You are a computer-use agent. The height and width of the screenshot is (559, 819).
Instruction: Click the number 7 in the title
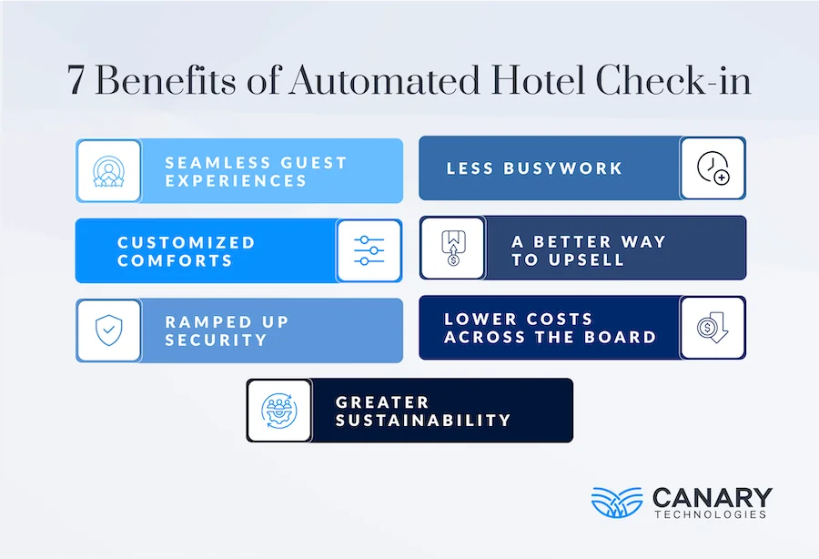point(77,81)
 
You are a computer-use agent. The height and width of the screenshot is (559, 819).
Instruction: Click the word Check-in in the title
point(673,81)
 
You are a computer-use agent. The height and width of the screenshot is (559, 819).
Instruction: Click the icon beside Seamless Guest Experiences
point(108,170)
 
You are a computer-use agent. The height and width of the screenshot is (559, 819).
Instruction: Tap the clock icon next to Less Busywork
point(713,168)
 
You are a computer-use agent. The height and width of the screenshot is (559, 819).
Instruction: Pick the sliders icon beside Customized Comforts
point(369,250)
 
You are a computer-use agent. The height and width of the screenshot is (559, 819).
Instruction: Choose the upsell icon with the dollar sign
point(452,248)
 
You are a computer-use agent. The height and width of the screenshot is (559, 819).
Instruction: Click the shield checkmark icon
point(108,330)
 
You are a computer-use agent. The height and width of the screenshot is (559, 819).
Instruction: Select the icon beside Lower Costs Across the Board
point(713,328)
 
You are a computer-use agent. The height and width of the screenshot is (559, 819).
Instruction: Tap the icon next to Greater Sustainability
point(278,410)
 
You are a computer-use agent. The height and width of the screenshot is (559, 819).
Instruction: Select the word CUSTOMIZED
point(187,242)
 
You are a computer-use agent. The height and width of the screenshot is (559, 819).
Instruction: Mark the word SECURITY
point(216,340)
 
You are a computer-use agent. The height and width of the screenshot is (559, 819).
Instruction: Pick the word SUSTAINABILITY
point(423,420)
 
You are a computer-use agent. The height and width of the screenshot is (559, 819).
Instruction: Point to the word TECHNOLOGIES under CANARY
point(709,514)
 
